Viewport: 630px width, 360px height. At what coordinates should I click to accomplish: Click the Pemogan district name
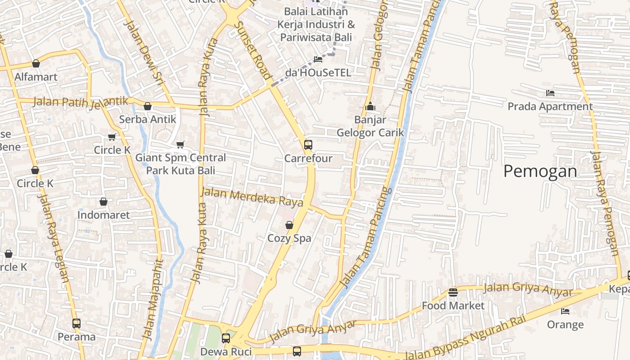click(x=540, y=171)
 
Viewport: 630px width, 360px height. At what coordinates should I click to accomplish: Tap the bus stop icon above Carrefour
click(x=308, y=145)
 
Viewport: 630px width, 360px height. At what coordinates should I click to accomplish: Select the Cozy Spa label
click(x=289, y=238)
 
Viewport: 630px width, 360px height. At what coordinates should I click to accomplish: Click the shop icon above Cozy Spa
click(x=289, y=225)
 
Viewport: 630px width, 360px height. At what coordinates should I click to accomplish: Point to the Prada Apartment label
click(x=550, y=107)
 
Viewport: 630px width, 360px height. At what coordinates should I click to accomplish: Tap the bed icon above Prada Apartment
click(x=550, y=93)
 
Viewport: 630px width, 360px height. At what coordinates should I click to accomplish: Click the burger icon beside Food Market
click(x=453, y=292)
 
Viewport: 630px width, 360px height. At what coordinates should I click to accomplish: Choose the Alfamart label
click(x=36, y=77)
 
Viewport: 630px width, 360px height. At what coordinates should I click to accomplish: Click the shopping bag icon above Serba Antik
click(x=148, y=107)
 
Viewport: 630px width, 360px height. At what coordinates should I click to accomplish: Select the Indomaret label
click(x=103, y=215)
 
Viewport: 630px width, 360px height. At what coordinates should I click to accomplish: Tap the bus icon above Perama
click(x=76, y=323)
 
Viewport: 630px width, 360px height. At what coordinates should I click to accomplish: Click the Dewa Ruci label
click(x=226, y=351)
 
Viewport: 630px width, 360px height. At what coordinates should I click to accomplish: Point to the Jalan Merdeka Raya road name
click(x=252, y=197)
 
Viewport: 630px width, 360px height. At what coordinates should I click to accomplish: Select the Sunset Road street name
click(x=253, y=49)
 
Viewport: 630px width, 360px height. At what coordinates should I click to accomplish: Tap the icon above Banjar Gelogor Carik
click(x=370, y=107)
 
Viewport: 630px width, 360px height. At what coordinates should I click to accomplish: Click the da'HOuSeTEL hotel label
click(x=318, y=72)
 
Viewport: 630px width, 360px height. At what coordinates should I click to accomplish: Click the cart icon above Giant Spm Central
click(x=180, y=144)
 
